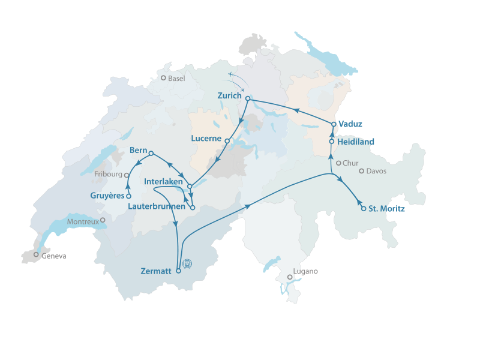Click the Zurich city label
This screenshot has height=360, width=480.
(230, 96)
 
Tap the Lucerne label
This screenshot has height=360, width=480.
(206, 139)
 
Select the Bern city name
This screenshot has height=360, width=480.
(139, 149)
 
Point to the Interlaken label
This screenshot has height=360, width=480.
(164, 181)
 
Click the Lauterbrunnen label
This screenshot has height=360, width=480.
(156, 206)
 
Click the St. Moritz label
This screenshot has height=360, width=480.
(386, 209)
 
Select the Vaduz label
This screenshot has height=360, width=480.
(350, 124)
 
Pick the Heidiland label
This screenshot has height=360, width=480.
(356, 142)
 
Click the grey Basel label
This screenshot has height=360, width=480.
(176, 79)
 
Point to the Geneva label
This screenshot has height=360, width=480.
(53, 256)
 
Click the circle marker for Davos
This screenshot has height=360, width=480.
(361, 171)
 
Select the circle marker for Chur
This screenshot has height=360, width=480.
(338, 163)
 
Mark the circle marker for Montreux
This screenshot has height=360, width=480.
(103, 220)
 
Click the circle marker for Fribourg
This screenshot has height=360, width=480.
(127, 175)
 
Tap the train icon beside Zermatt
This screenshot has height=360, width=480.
(188, 263)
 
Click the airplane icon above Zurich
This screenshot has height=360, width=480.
(231, 74)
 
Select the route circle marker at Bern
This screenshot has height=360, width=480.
(151, 153)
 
